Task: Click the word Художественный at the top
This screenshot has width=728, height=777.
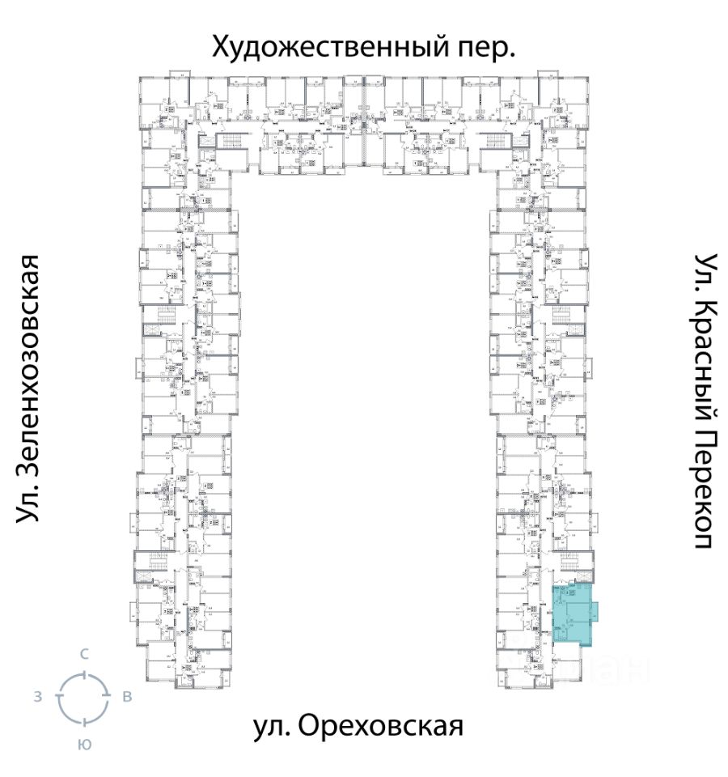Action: click(323, 47)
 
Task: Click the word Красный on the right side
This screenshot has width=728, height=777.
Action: click(703, 361)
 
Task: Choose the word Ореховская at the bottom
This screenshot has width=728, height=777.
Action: click(380, 725)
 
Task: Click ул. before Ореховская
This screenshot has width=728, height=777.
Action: click(272, 725)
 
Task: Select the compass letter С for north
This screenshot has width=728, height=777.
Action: click(83, 654)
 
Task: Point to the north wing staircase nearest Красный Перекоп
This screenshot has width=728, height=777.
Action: click(496, 142)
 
